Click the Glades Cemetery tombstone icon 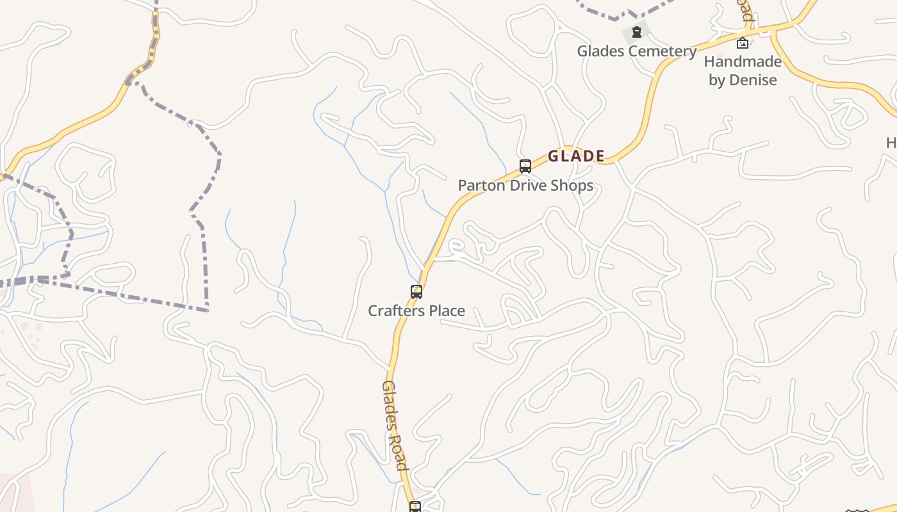636,31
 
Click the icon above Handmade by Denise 743,43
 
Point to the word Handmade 743,62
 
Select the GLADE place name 576,156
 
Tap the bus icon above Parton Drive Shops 525,166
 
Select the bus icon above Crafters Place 416,292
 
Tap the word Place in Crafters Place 446,311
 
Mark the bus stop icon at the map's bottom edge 415,507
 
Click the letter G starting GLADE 553,156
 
